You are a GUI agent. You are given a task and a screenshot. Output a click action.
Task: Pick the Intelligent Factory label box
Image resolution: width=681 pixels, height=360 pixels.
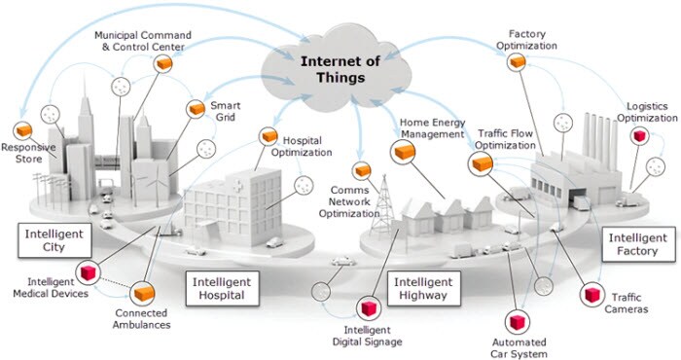[x=637, y=244]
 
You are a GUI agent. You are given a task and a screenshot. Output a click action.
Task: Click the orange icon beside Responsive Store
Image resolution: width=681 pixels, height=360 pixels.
[x=21, y=129]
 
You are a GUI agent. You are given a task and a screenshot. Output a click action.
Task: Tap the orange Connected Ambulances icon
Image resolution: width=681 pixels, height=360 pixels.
[x=145, y=292]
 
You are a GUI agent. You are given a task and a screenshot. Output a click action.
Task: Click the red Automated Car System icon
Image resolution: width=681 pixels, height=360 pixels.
[x=517, y=321]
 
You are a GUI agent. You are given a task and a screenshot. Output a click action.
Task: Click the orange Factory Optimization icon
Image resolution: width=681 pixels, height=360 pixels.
[x=520, y=62]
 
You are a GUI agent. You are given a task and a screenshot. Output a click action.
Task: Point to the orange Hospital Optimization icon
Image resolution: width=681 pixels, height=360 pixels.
[x=265, y=137]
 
